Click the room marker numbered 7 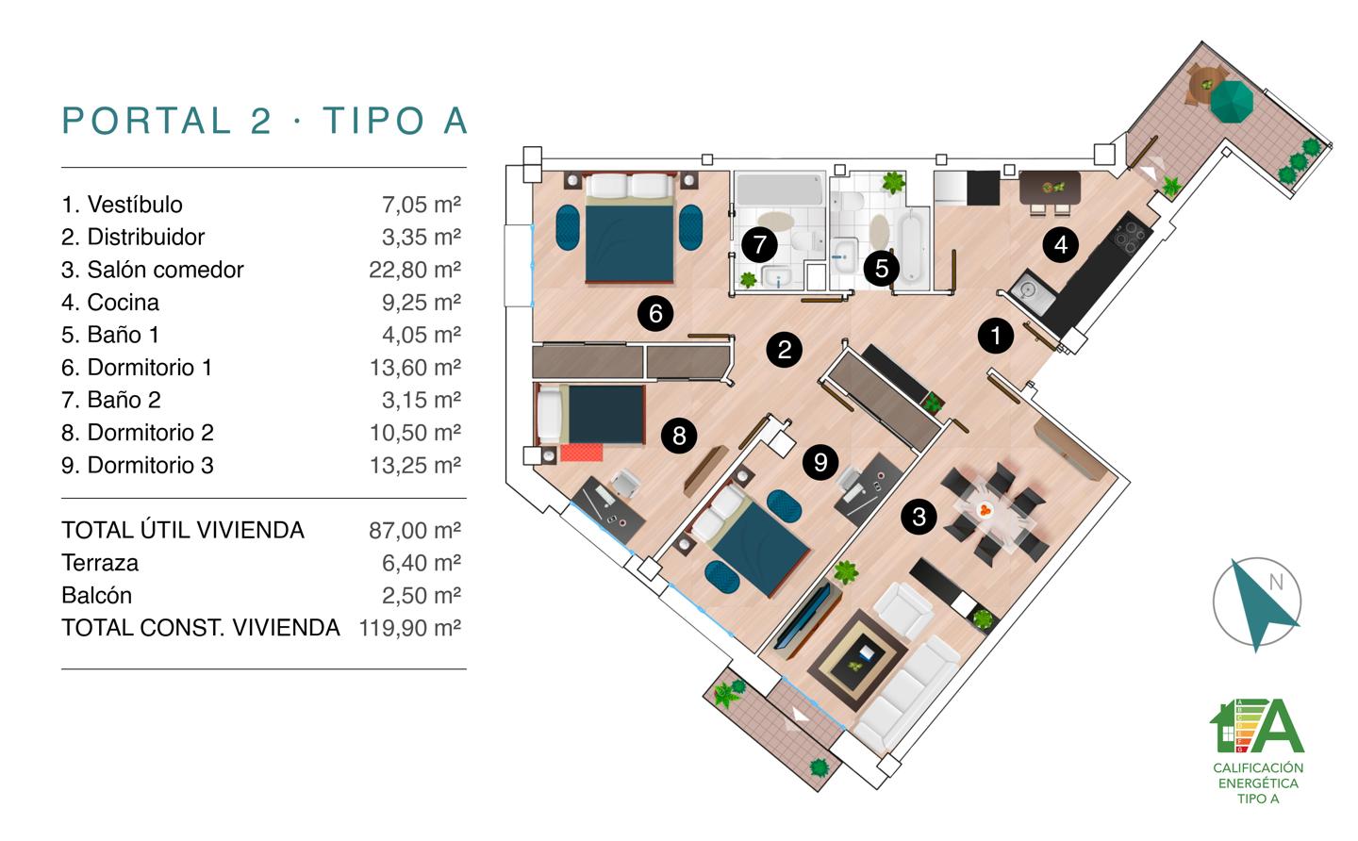point(760,245)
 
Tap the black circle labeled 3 point(919,517)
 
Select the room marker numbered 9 point(820,462)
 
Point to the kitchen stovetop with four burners point(1130,234)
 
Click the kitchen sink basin point(1026,290)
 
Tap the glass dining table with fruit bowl point(994,513)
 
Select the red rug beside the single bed point(581,452)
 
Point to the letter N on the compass point(1276,583)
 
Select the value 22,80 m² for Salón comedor point(415,270)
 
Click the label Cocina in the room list point(123,303)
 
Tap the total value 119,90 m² point(410,628)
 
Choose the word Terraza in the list point(100,563)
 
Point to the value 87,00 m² point(415,531)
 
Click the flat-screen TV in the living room point(803,617)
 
